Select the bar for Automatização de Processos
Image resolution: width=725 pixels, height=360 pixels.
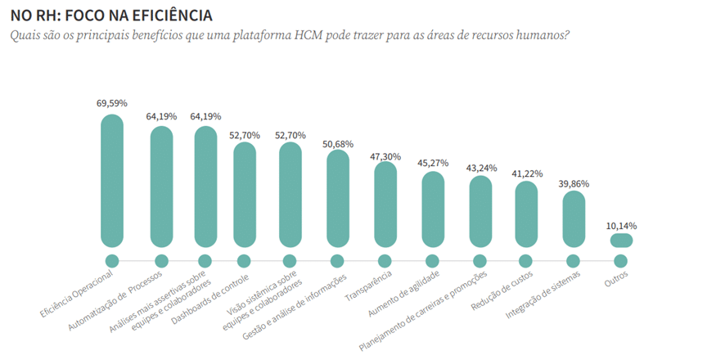161,187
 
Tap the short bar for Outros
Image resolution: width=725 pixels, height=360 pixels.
621,240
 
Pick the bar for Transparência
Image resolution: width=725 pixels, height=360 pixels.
385,204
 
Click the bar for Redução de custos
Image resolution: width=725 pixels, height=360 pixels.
526,213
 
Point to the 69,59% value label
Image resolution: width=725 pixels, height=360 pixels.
112,104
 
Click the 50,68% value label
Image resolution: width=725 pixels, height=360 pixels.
338,144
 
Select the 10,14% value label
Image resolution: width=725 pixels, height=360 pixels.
621,225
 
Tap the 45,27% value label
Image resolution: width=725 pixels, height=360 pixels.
433,163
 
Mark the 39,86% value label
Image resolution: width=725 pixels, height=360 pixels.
573,184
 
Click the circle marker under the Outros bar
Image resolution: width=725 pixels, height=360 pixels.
621,261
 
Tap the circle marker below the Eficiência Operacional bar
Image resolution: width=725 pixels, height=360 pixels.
112,261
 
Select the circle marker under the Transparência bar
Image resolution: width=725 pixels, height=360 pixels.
385,261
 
